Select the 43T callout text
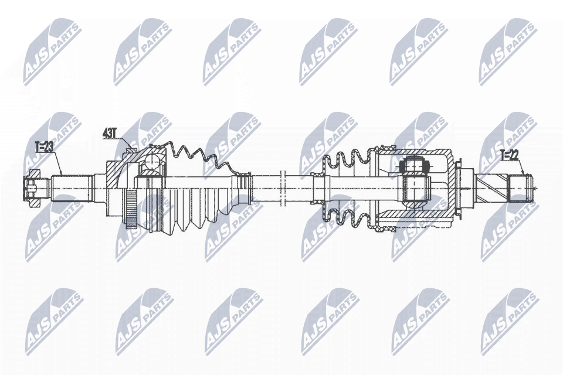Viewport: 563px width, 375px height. [110, 134]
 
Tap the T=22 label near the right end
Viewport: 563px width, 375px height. [509, 155]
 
